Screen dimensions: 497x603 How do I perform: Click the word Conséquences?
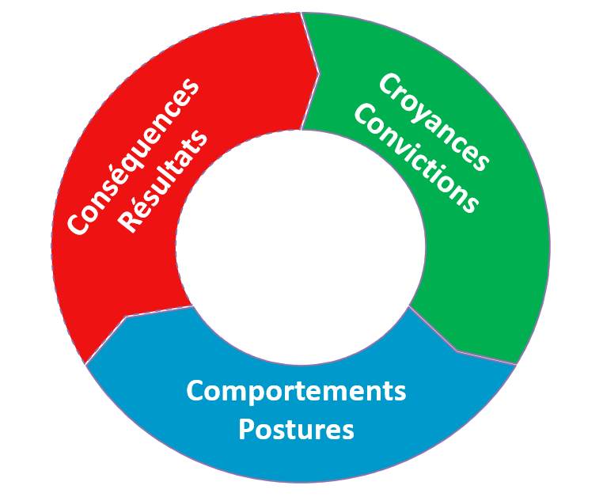click(x=133, y=157)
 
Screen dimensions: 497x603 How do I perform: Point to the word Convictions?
click(x=416, y=158)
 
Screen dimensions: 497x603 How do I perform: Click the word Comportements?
click(x=296, y=391)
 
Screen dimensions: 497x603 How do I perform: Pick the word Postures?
click(x=296, y=430)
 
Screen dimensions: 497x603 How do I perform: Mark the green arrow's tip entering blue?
click(x=457, y=349)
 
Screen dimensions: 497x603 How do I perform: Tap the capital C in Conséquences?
click(x=78, y=225)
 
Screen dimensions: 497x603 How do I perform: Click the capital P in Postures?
click(x=246, y=430)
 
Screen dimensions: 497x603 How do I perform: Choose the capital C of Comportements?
click(x=195, y=391)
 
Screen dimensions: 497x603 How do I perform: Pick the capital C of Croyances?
click(x=388, y=83)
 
